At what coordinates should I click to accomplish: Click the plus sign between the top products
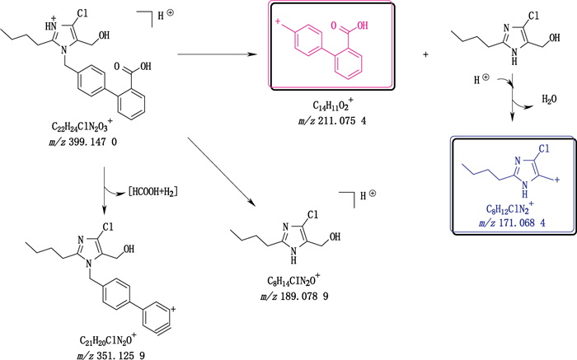(x=425, y=54)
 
